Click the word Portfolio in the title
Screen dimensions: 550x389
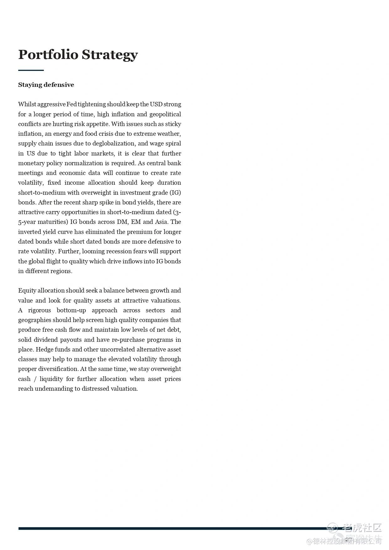pos(48,55)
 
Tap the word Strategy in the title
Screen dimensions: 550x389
pos(109,55)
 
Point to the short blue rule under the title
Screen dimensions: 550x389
pos(31,70)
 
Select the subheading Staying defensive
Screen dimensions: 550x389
pos(46,85)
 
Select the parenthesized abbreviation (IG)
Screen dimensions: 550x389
pos(175,193)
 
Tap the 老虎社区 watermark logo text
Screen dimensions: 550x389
pos(362,528)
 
